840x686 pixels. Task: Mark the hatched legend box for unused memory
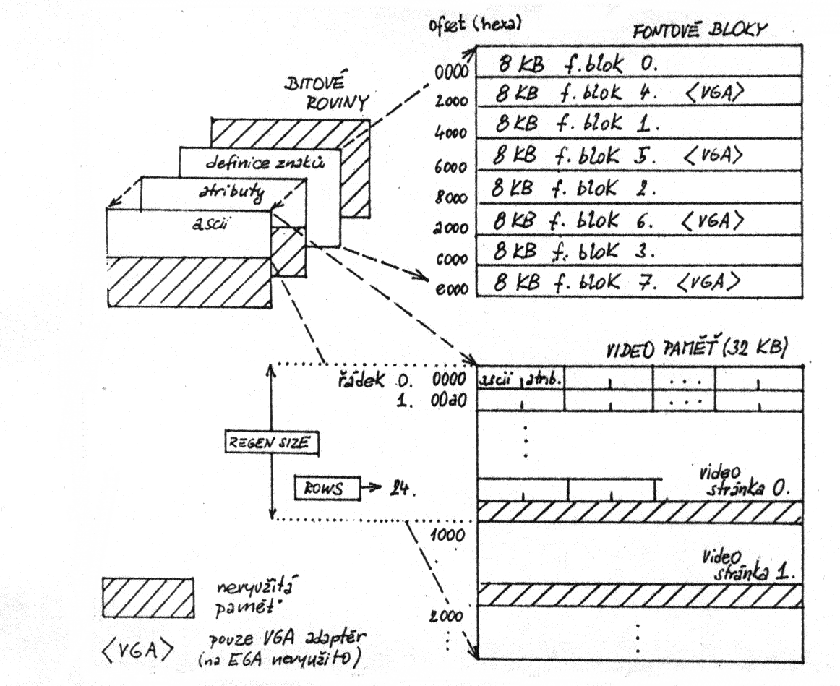coord(147,597)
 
